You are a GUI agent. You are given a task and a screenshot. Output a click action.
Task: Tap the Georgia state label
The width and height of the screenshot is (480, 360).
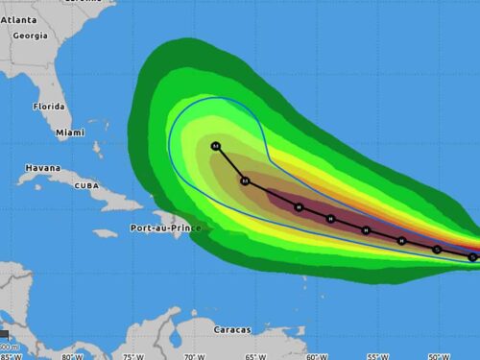point(30,36)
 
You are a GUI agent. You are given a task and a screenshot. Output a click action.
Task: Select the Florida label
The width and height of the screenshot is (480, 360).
point(48,107)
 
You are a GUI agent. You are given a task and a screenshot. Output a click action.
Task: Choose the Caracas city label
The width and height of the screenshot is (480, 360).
point(234,330)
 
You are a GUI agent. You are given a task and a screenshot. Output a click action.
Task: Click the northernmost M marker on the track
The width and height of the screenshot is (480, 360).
point(216,146)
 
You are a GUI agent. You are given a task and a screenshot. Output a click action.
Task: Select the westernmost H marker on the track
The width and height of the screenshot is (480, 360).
point(299,206)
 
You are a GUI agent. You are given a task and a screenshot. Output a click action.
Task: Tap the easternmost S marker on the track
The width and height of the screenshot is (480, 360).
point(472,256)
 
